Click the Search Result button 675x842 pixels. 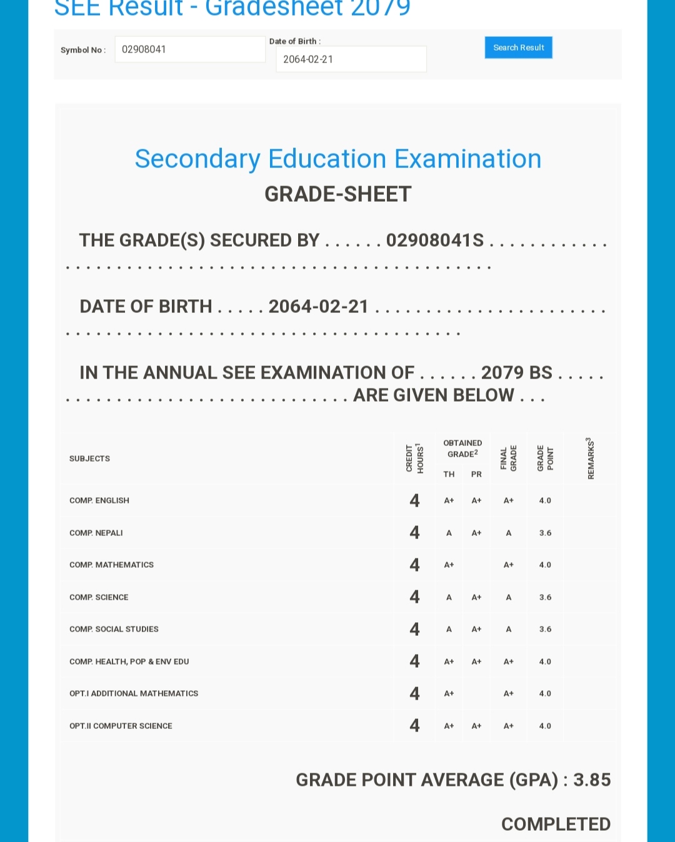click(x=518, y=47)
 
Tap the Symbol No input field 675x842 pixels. click(x=189, y=49)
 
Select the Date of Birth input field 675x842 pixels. click(x=351, y=59)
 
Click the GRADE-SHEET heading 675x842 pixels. click(x=337, y=194)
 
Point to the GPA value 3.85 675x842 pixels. click(x=592, y=780)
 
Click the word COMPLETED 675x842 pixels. click(x=556, y=824)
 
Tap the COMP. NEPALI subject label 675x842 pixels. click(x=96, y=533)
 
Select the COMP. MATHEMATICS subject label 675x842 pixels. click(x=111, y=565)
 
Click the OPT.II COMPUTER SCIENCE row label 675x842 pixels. click(x=121, y=726)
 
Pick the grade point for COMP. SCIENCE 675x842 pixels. click(x=545, y=597)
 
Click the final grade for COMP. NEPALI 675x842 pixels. click(x=509, y=533)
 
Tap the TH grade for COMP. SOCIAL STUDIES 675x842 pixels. click(x=449, y=629)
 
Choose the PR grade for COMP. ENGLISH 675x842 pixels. click(x=476, y=500)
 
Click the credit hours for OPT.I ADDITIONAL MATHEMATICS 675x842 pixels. click(x=414, y=693)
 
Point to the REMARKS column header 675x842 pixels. click(x=591, y=458)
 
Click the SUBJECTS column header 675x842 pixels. click(x=89, y=458)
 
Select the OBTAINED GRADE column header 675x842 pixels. click(x=462, y=448)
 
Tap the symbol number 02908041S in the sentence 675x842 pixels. click(x=435, y=240)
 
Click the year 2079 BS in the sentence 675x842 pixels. click(x=516, y=373)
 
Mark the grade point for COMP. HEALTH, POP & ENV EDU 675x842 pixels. click(x=545, y=661)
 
